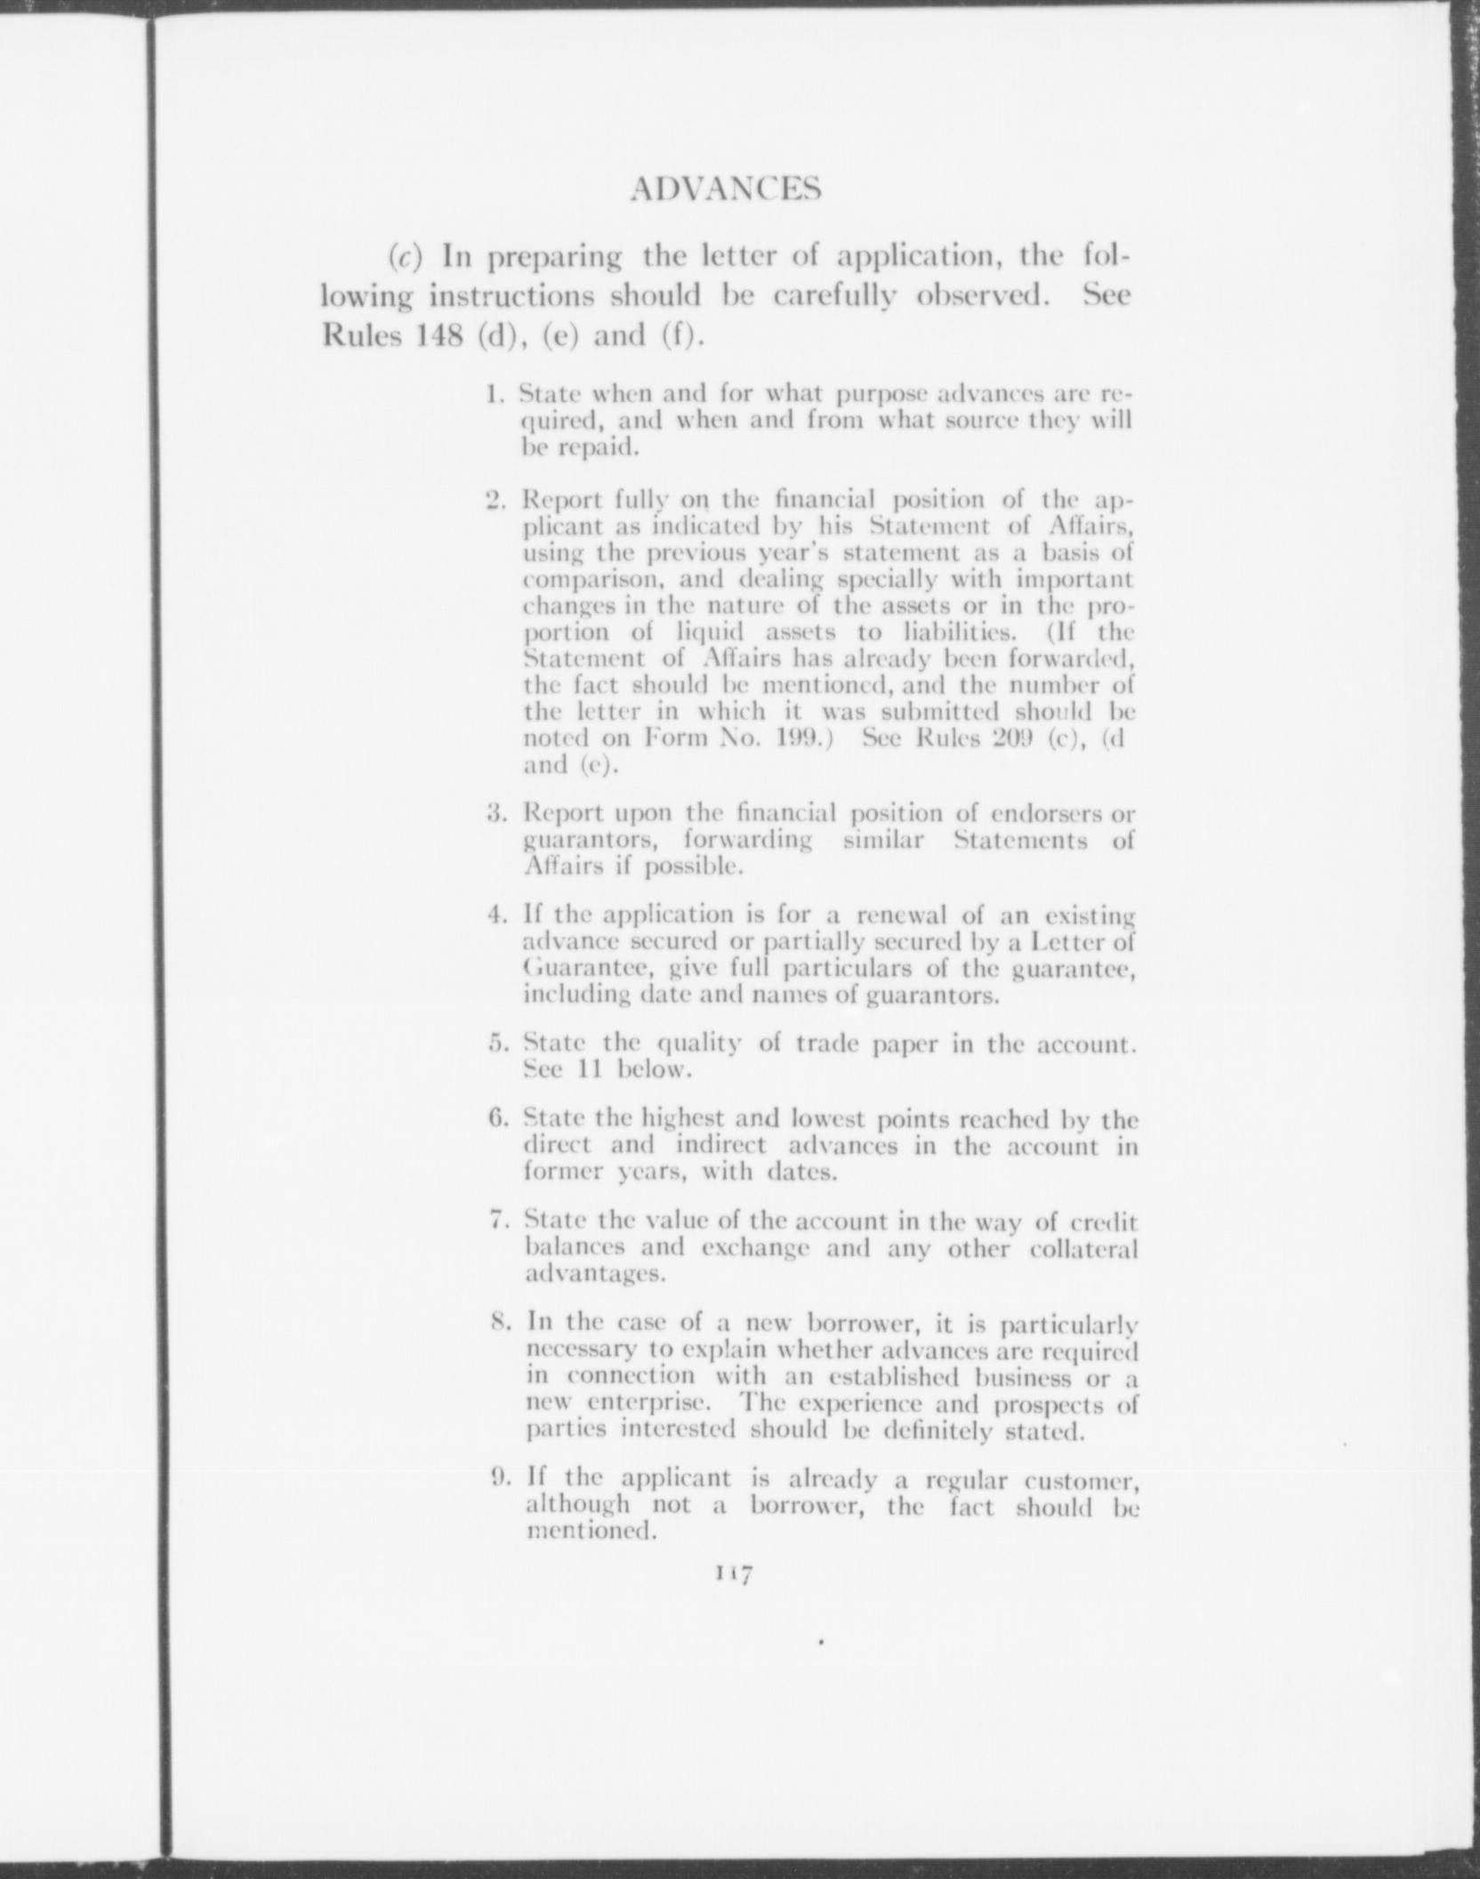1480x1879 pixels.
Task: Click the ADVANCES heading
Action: [x=724, y=189]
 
